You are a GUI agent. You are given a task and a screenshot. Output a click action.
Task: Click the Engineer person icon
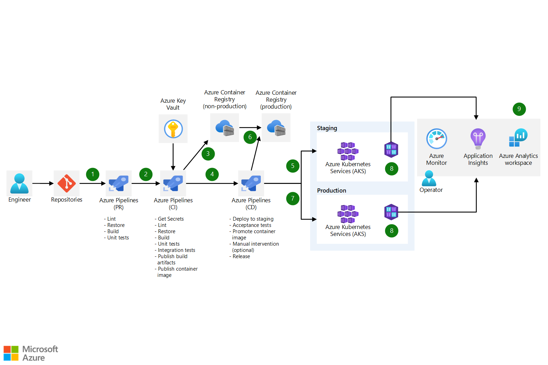(19, 183)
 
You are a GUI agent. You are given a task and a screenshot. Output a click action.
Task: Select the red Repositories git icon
(67, 183)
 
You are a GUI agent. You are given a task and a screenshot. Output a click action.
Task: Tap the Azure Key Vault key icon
(173, 129)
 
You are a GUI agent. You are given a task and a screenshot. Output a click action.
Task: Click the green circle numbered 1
(93, 174)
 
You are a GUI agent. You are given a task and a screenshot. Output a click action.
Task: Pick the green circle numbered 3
(208, 154)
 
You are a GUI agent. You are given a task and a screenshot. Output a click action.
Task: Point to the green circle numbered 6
(250, 137)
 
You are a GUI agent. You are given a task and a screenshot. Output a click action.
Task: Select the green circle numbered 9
(519, 109)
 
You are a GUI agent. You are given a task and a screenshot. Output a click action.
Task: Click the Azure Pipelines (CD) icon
(251, 183)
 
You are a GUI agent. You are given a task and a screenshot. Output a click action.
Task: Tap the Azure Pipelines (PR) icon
(119, 183)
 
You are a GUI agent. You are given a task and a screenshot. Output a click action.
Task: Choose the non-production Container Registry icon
(225, 128)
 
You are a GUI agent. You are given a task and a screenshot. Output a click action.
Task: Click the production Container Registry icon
(276, 128)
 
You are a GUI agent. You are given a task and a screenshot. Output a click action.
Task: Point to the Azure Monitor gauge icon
(437, 139)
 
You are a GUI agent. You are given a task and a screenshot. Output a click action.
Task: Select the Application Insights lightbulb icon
(478, 139)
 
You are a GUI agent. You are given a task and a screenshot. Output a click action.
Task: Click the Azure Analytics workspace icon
(518, 138)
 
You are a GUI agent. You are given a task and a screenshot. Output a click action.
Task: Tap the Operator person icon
(429, 178)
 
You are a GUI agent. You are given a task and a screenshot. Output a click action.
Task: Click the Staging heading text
(327, 128)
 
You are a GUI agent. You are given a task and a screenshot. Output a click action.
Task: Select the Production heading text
(332, 190)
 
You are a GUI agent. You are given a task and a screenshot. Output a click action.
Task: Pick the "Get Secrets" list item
(171, 219)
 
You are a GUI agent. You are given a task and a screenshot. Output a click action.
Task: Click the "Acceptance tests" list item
(252, 225)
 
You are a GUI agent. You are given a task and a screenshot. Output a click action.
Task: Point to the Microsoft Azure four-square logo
(11, 353)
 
